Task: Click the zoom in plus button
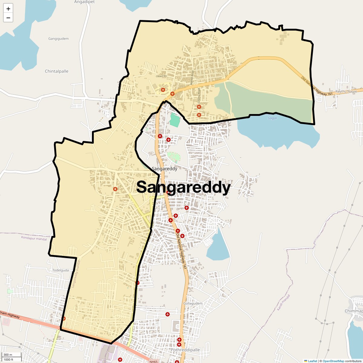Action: tap(8, 9)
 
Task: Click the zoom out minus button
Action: tap(8, 18)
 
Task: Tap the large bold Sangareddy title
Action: tap(183, 187)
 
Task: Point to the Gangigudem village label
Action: tap(58, 39)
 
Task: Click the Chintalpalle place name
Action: tap(57, 71)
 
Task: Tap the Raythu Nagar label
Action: tap(346, 91)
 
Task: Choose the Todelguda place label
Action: tap(60, 270)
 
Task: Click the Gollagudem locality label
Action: tap(193, 303)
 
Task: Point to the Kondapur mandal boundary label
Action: tap(34, 238)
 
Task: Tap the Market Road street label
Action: tap(192, 77)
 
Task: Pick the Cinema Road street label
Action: tap(199, 95)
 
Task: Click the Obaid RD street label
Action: tap(161, 76)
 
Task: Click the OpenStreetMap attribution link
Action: tap(333, 361)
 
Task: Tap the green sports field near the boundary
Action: tap(175, 120)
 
